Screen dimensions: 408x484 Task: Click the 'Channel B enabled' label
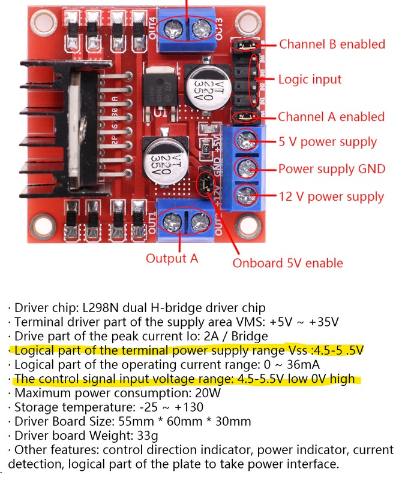point(332,44)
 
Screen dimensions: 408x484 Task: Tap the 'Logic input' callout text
point(310,79)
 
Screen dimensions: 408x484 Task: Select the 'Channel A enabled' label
point(331,117)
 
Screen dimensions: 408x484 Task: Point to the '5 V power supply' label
point(328,142)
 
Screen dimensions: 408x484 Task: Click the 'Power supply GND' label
point(332,169)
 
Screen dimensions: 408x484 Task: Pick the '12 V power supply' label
point(331,196)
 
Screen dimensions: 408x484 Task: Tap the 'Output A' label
point(172,258)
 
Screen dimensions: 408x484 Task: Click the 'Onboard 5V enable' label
point(288,263)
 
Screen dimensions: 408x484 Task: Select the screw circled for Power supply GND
point(246,168)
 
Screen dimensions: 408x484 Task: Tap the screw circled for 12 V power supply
point(246,195)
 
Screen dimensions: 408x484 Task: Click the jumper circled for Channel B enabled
point(245,46)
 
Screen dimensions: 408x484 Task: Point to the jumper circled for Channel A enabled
point(245,117)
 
